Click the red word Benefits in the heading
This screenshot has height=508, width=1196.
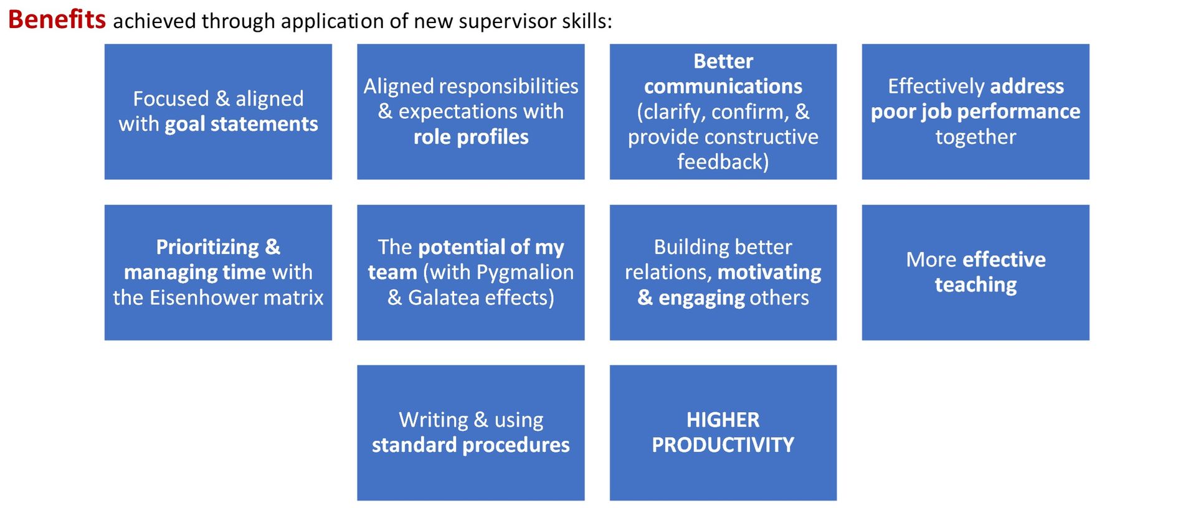pyautogui.click(x=57, y=20)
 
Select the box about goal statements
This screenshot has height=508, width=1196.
pyautogui.click(x=218, y=111)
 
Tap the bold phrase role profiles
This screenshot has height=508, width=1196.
pyautogui.click(x=471, y=137)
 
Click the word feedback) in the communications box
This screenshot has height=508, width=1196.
pyautogui.click(x=723, y=162)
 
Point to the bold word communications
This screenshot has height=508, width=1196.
pyautogui.click(x=723, y=87)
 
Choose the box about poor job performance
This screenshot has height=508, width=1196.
pyautogui.click(x=975, y=111)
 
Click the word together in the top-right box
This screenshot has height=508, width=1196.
pyautogui.click(x=975, y=137)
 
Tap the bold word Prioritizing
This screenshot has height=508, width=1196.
pyautogui.click(x=207, y=247)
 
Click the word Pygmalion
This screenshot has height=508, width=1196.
pyautogui.click(x=524, y=272)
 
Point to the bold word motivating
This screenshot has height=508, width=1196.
pyautogui.click(x=769, y=272)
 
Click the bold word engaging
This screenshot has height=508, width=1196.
pyautogui.click(x=701, y=298)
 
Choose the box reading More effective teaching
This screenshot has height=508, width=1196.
pyautogui.click(x=975, y=272)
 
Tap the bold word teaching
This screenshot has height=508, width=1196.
pyautogui.click(x=975, y=285)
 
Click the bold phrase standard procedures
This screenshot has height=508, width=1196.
pyautogui.click(x=471, y=445)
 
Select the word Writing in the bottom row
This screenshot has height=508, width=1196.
pyautogui.click(x=434, y=420)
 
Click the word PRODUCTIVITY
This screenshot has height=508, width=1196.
pyautogui.click(x=723, y=445)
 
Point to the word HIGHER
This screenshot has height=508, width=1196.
pyautogui.click(x=723, y=420)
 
